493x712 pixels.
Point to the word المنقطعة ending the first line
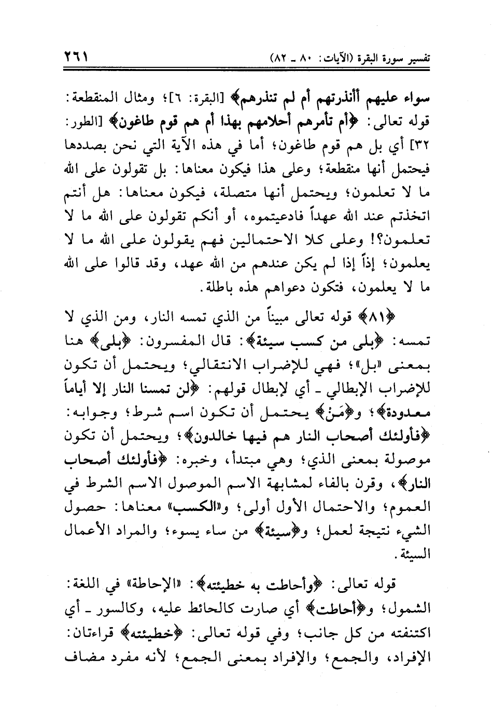[407, 96]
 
